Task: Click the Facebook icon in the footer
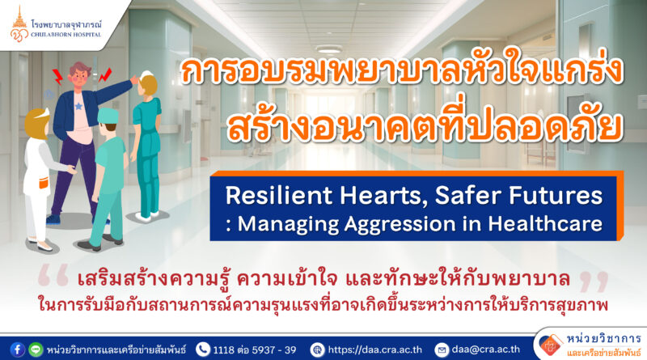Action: [17, 349]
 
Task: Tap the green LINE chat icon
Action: [36, 349]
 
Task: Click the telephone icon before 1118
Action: [203, 349]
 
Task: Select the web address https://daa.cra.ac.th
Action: [374, 350]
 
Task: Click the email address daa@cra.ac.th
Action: [486, 349]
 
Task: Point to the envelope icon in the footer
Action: [442, 350]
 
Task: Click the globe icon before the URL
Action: [317, 350]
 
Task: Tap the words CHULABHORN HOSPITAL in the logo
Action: [66, 35]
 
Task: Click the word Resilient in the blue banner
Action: [278, 195]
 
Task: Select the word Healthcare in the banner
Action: [545, 223]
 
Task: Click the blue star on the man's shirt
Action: [78, 107]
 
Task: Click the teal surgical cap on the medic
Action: [108, 116]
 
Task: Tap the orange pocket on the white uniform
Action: [44, 182]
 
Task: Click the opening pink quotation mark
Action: [53, 277]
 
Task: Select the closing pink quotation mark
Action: [594, 281]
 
